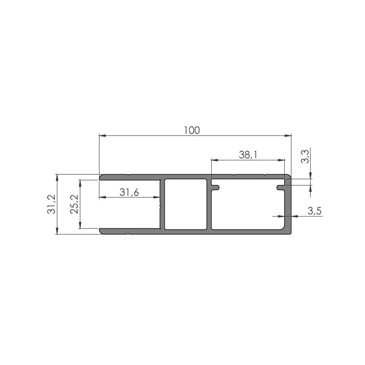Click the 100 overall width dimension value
tap(192, 130)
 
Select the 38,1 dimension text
tap(248, 155)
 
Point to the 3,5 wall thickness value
tap(315, 211)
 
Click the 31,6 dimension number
tap(129, 193)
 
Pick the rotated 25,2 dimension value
tap(73, 204)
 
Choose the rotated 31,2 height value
tap(51, 204)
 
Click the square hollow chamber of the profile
tap(185, 204)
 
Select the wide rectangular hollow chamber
tap(249, 208)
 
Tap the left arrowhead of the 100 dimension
tap(102, 136)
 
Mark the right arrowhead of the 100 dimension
tap(289, 136)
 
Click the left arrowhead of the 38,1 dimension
tap(213, 160)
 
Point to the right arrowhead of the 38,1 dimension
tap(282, 160)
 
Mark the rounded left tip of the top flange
tap(101, 177)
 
